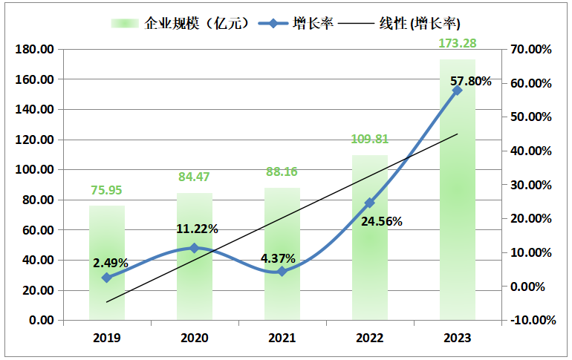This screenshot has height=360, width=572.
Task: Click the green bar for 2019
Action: (x=107, y=297)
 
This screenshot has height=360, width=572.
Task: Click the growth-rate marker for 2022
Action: (x=369, y=203)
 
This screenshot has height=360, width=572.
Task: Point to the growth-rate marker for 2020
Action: (x=195, y=248)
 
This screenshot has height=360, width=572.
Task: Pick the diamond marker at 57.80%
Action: (x=457, y=90)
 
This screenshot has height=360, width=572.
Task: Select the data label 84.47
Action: (x=195, y=177)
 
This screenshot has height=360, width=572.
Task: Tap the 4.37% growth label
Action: (x=278, y=259)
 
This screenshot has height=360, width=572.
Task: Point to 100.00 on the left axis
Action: (x=35, y=170)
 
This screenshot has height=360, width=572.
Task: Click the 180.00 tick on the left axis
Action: (x=35, y=50)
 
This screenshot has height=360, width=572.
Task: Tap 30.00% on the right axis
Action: (x=531, y=185)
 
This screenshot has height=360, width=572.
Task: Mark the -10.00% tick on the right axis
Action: (x=531, y=321)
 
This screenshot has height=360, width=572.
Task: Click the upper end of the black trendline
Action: (x=457, y=134)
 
